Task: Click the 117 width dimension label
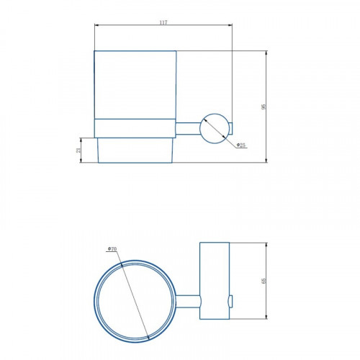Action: coord(163,22)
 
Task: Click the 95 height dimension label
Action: coord(264,107)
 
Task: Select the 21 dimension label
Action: coord(78,150)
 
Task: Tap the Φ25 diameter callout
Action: coord(240,145)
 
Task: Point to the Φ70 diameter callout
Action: coord(112,249)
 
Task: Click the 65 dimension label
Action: coord(264,281)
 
